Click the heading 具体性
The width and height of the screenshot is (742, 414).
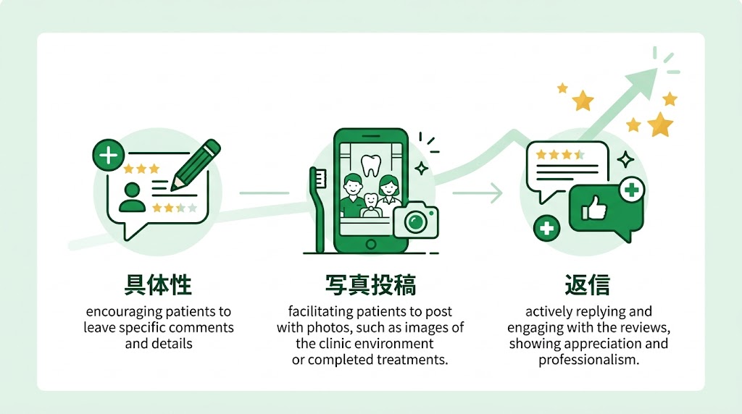pyautogui.click(x=158, y=284)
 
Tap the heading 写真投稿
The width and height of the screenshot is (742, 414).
pyautogui.click(x=370, y=284)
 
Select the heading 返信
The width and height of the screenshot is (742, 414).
pyautogui.click(x=587, y=284)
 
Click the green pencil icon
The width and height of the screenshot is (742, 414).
pyautogui.click(x=196, y=165)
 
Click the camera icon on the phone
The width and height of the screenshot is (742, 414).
pyautogui.click(x=415, y=220)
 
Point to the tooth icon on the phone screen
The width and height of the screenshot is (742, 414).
pyautogui.click(x=370, y=166)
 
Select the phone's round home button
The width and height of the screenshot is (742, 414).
pyautogui.click(x=371, y=245)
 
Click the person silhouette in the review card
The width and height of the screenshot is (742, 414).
pyautogui.click(x=132, y=197)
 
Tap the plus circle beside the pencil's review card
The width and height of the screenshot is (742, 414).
pyautogui.click(x=109, y=155)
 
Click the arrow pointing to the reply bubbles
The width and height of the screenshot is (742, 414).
pyautogui.click(x=478, y=193)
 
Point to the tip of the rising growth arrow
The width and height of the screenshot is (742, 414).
pyautogui.click(x=656, y=69)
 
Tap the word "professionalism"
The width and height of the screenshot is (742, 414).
pyautogui.click(x=588, y=360)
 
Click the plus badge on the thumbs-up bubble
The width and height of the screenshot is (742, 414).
pyautogui.click(x=631, y=190)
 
